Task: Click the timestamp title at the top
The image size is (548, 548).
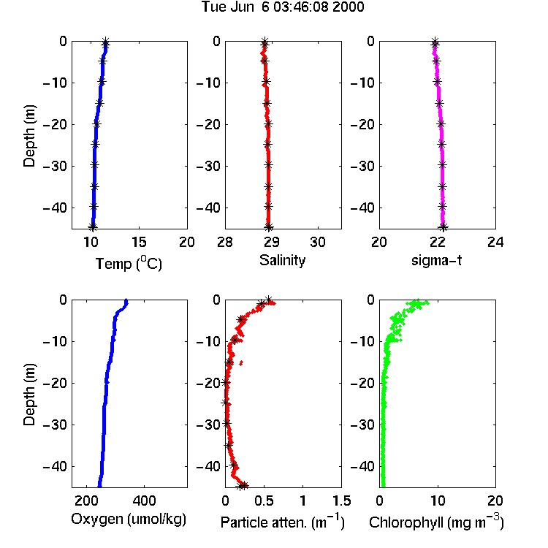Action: pos(282,7)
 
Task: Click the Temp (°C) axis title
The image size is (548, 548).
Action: pos(129,263)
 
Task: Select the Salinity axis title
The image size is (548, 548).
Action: pos(282,260)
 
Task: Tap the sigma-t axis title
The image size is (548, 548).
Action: pos(436,260)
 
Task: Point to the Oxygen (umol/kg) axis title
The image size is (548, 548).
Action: pos(129,520)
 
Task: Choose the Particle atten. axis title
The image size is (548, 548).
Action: pos(282,522)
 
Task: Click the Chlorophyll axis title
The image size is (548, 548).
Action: pos(436,522)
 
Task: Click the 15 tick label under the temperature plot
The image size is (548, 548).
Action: pos(139,242)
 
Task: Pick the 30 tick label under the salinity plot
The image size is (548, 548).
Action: pos(318,242)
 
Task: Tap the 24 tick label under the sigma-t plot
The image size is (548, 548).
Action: pos(495,242)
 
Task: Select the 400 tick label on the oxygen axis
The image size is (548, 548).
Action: pos(144,501)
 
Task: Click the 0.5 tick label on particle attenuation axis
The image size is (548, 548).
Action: pos(264,501)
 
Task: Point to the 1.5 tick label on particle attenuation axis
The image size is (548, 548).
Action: pos(341,501)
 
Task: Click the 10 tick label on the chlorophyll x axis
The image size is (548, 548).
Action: pos(437,501)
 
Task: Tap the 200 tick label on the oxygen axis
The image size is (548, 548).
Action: pos(86,501)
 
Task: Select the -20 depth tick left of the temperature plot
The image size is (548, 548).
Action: pos(55,124)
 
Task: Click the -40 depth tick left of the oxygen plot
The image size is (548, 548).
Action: pos(55,466)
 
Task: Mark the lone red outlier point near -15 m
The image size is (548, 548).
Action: pos(241,363)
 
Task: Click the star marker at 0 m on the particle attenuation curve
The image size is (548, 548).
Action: pos(268,300)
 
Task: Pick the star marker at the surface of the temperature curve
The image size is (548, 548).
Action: pos(105,42)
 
